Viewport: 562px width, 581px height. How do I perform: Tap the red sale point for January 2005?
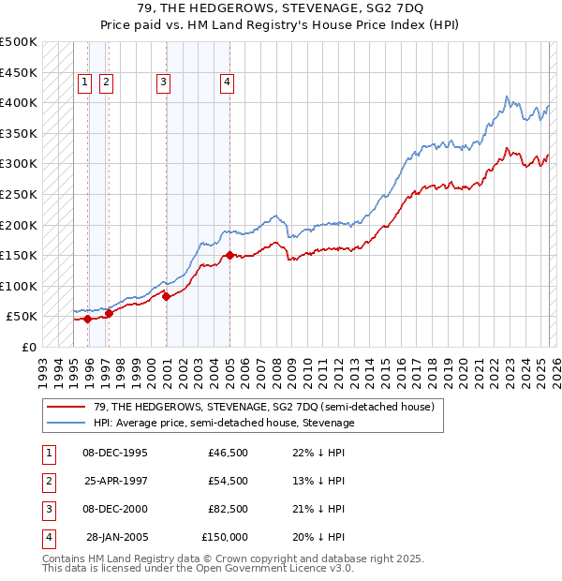[x=229, y=254]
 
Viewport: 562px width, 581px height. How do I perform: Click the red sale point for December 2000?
[x=166, y=296]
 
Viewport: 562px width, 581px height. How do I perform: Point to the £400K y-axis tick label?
[x=19, y=102]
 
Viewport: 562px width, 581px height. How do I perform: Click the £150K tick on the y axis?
[x=19, y=255]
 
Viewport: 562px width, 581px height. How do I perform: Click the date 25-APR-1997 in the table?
[x=114, y=481]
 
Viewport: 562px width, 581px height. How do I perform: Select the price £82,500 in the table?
[x=228, y=509]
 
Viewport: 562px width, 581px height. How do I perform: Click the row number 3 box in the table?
[x=47, y=509]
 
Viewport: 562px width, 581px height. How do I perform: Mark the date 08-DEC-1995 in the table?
[x=114, y=453]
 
